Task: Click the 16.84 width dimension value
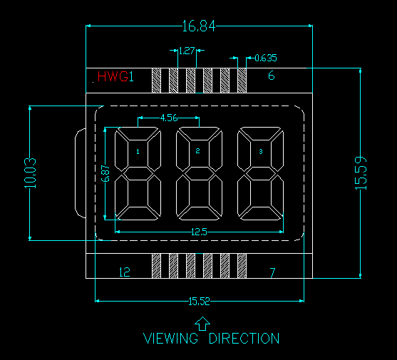click(199, 26)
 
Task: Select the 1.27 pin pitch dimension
click(187, 51)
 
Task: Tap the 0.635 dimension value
click(266, 58)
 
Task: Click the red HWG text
click(113, 76)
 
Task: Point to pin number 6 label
click(272, 76)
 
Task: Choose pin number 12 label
click(125, 272)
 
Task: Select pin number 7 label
click(272, 273)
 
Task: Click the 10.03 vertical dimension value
click(31, 173)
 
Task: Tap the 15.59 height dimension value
click(361, 173)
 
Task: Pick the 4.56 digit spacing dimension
click(169, 118)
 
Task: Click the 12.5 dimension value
click(199, 232)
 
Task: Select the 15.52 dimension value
click(200, 301)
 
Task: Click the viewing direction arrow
click(202, 324)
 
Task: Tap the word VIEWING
click(170, 338)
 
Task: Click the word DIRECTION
click(244, 338)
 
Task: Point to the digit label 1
click(138, 152)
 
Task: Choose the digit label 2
click(197, 151)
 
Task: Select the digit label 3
click(261, 151)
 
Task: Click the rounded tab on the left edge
click(76, 173)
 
